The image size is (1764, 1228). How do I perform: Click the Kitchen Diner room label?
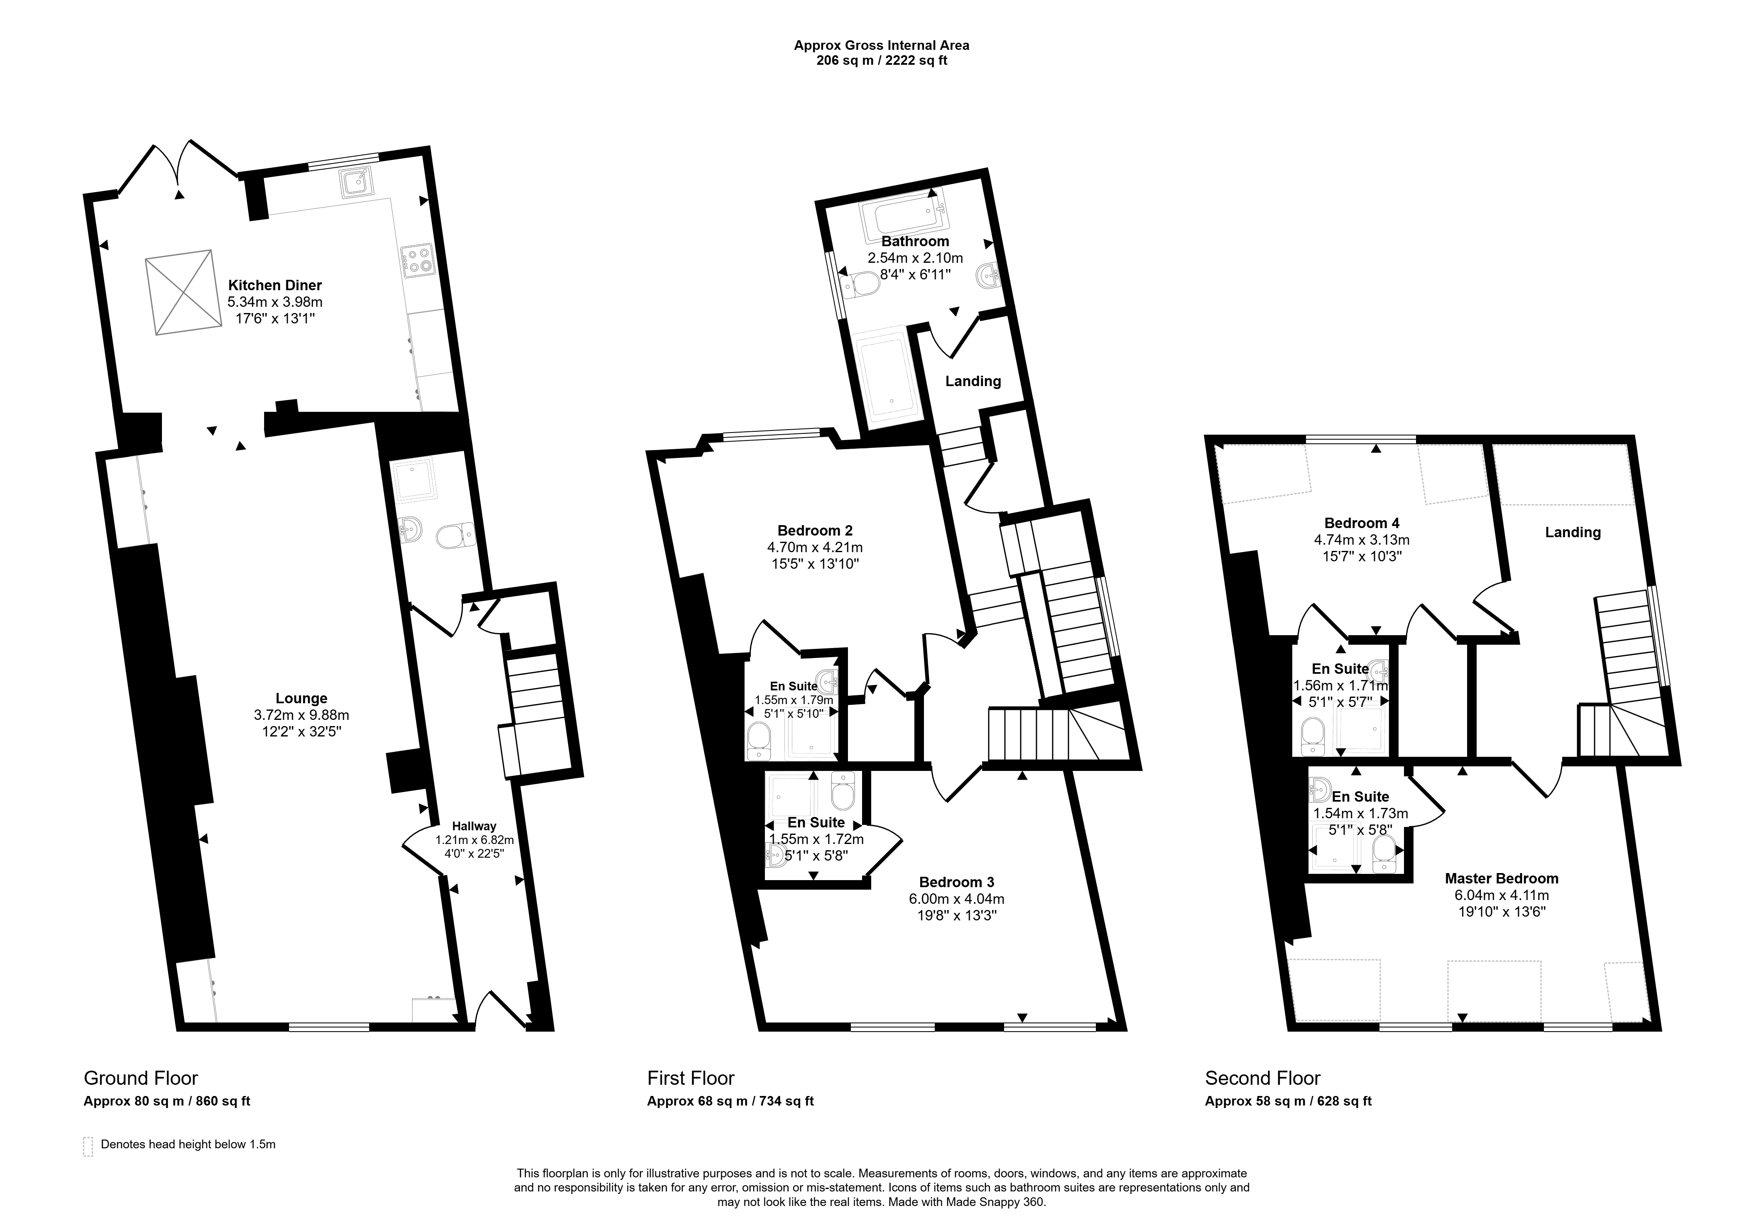point(274,285)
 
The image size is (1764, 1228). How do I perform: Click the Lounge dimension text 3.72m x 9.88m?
point(301,715)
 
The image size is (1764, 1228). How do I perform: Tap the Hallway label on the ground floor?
point(474,826)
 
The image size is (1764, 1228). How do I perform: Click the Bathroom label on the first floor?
point(915,241)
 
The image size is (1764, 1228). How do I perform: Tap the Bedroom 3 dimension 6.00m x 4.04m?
point(961,898)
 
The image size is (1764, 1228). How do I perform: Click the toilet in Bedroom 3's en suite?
point(843,790)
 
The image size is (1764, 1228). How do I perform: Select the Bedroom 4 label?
point(1362,523)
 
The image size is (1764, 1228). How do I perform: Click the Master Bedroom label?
point(1501,878)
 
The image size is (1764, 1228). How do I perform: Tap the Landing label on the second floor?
point(1573,532)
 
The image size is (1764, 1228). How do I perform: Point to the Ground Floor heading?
point(141,1078)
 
